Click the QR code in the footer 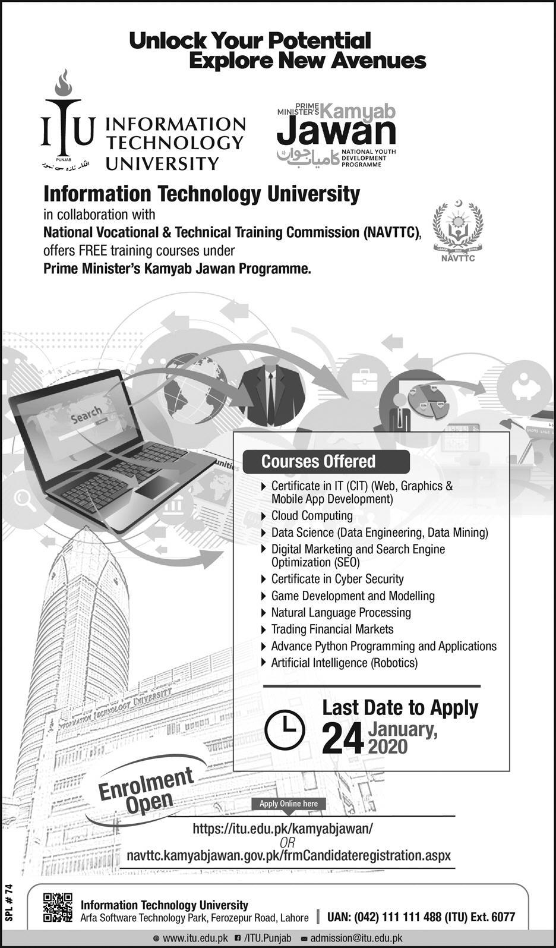click(58, 908)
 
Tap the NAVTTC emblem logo click(457, 231)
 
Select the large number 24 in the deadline click(343, 739)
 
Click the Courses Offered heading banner click(326, 462)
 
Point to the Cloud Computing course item click(311, 516)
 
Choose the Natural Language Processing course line click(340, 612)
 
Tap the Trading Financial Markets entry click(332, 629)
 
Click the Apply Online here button click(289, 804)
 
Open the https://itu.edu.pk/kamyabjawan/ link click(283, 828)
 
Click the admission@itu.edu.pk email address click(356, 938)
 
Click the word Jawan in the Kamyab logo click(336, 132)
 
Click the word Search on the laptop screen click(86, 415)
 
